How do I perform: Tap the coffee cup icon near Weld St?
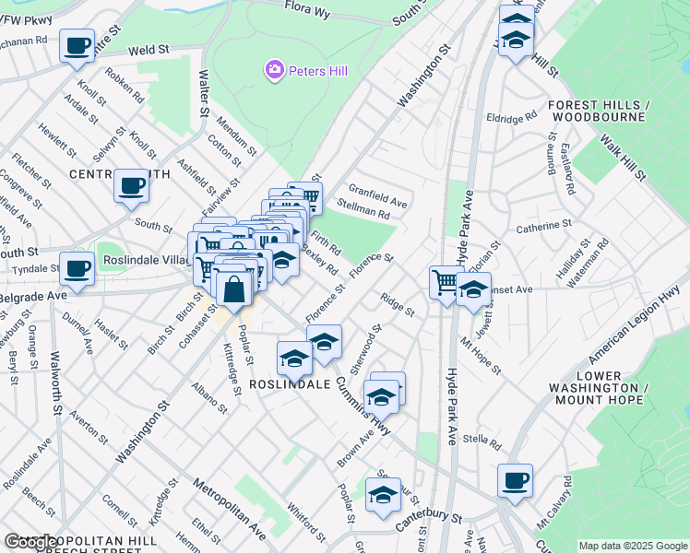(77, 45)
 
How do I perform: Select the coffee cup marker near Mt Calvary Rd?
(515, 480)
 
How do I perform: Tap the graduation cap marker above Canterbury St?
(383, 494)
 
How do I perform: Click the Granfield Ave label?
(377, 195)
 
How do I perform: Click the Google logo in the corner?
(32, 542)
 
